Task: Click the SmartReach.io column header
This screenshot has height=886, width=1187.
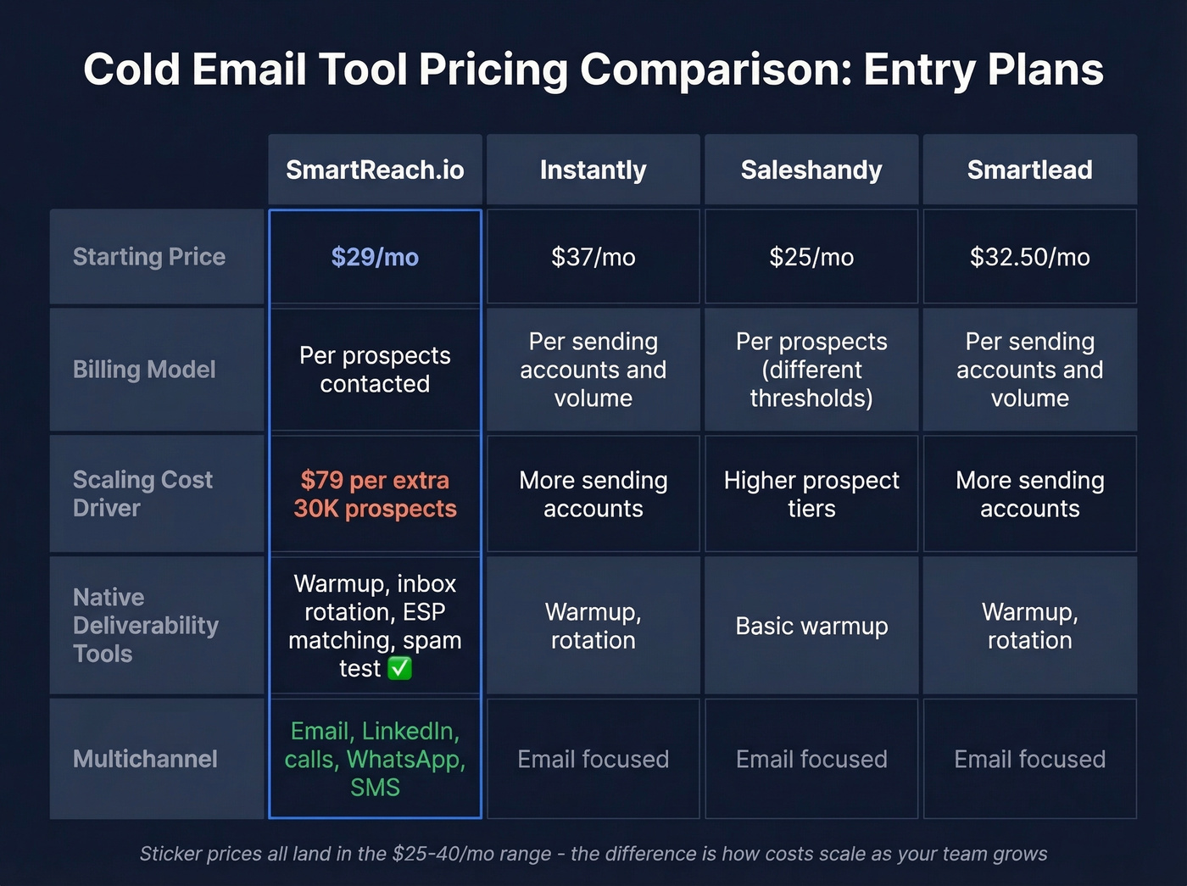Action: (x=375, y=170)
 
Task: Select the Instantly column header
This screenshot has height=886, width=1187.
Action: (x=593, y=170)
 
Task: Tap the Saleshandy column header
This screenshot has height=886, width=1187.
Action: (x=811, y=170)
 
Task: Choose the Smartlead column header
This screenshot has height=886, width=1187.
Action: (x=1029, y=170)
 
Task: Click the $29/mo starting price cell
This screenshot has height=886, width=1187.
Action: (x=375, y=257)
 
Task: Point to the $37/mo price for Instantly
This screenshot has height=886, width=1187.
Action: (x=593, y=257)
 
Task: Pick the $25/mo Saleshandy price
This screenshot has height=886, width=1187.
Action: (x=811, y=257)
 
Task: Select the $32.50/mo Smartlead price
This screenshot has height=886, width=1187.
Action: (x=1029, y=257)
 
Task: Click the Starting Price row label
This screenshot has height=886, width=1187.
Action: (x=149, y=257)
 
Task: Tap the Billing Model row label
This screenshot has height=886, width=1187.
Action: (x=144, y=370)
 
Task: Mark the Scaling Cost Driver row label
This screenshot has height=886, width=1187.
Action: (x=142, y=493)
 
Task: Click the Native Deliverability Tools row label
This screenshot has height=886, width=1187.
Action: (x=145, y=626)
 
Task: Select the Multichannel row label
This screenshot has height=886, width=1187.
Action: (x=145, y=759)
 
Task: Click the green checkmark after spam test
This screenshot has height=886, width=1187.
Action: (x=399, y=669)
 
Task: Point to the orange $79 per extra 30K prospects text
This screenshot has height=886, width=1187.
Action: (x=375, y=494)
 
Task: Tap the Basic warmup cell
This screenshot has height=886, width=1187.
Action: (x=811, y=626)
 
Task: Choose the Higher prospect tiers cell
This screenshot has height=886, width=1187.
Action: (x=811, y=494)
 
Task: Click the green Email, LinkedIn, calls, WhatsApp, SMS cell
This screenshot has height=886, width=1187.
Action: (x=375, y=759)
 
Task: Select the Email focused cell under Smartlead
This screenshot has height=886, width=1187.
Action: (x=1029, y=759)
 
